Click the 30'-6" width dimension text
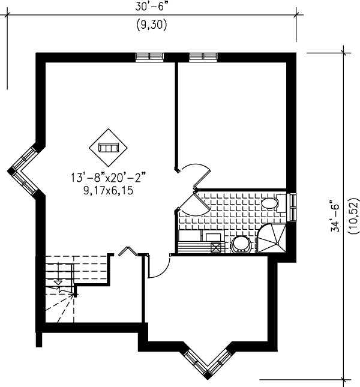coord(151,7)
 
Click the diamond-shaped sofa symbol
coord(108,147)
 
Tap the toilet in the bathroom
coord(272,203)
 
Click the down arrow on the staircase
coord(58,281)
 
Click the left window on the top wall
coord(149,57)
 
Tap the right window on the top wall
coord(202,57)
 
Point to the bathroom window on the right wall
coord(292,207)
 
